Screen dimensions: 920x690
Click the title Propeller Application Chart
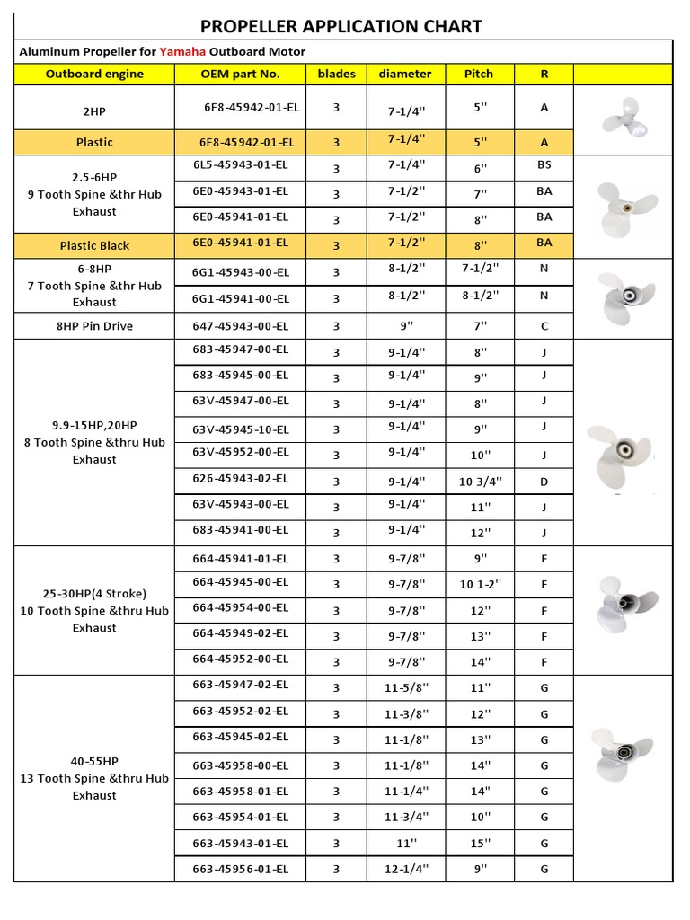[341, 26]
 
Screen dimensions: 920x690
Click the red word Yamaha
[183, 51]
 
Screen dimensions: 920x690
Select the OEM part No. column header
[240, 74]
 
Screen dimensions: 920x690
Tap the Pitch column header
[479, 74]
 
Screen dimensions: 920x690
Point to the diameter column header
[404, 74]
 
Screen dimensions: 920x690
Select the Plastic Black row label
[94, 245]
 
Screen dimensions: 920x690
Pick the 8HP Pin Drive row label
[94, 326]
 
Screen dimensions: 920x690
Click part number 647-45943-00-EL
[240, 326]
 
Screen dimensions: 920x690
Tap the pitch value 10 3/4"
[480, 482]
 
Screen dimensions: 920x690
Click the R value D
[544, 482]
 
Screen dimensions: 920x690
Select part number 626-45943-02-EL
[240, 479]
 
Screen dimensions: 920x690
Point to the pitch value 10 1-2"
[480, 585]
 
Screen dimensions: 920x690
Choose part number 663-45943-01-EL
[240, 843]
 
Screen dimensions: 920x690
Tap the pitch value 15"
[481, 843]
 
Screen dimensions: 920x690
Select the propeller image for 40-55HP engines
[626, 753]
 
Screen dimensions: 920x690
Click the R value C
[544, 326]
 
